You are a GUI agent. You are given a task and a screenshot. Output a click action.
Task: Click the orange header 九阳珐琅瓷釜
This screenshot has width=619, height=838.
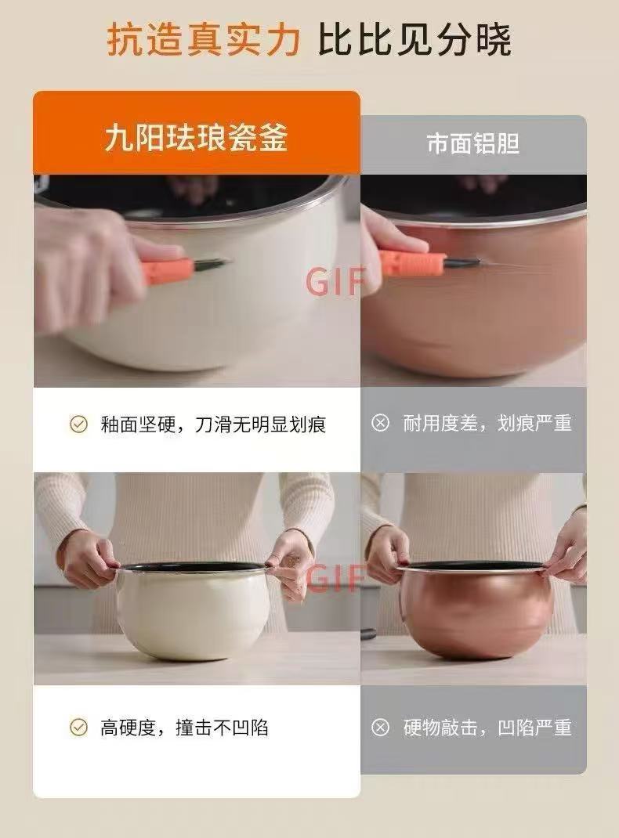[x=196, y=137]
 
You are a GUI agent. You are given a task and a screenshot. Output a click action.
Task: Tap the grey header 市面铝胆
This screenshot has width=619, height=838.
[x=473, y=143]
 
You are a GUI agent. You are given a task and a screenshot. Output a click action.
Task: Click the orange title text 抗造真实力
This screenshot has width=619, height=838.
[x=203, y=39]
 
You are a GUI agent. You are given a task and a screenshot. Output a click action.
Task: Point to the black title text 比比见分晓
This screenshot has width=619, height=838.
[x=414, y=39]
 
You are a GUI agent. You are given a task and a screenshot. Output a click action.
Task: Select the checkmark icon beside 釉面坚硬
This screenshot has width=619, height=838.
[x=78, y=424]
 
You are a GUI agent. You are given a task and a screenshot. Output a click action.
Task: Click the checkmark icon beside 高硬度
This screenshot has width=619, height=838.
[x=78, y=727]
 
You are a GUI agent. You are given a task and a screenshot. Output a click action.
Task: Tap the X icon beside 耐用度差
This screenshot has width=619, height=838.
[x=380, y=423]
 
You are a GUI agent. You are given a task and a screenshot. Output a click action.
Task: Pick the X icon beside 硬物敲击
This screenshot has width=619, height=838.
[x=380, y=728]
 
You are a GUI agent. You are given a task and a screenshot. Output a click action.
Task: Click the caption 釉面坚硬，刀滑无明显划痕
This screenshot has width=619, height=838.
[x=213, y=424]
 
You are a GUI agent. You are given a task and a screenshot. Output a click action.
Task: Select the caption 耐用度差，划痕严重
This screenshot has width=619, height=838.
[x=487, y=423]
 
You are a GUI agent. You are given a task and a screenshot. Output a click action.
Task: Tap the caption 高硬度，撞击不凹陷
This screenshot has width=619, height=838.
[x=184, y=728]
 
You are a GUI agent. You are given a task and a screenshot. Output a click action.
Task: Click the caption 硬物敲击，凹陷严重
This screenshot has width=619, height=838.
[x=487, y=728]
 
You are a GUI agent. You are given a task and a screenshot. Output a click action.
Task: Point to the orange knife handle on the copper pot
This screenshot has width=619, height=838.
[x=411, y=262]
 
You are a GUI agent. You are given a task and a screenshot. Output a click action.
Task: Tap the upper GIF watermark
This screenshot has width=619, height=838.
[x=335, y=281]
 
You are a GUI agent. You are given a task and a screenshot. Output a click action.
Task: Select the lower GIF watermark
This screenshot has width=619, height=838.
[x=335, y=578]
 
